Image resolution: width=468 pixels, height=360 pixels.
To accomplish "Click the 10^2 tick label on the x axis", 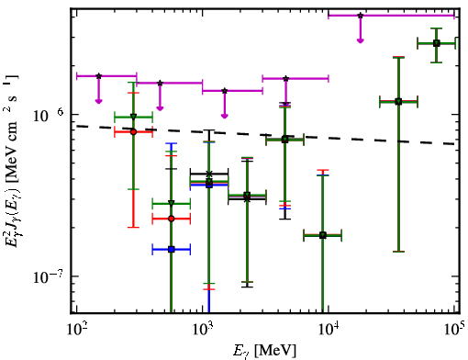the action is [76, 329].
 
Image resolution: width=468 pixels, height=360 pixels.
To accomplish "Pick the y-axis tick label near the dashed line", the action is [49, 115].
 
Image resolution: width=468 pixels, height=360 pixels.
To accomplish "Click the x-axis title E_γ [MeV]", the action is [264, 351].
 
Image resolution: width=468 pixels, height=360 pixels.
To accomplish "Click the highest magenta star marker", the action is [361, 16].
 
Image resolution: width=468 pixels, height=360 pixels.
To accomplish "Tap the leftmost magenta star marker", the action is [98, 76].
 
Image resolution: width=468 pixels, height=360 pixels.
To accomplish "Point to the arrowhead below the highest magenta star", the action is [361, 40].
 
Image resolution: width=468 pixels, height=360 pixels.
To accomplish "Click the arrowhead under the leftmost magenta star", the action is [98, 101].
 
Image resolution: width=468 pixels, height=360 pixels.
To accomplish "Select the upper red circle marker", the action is [133, 132].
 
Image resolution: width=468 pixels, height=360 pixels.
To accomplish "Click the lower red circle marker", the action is [172, 219].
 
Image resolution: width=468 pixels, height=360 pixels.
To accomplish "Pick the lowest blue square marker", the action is [172, 250].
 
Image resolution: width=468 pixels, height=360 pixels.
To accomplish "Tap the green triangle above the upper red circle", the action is [133, 117].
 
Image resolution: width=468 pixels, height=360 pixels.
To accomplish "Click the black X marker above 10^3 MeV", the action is [209, 174].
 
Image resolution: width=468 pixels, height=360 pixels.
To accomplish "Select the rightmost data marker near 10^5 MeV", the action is [437, 43].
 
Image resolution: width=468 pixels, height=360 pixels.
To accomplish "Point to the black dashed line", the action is [265, 135].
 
